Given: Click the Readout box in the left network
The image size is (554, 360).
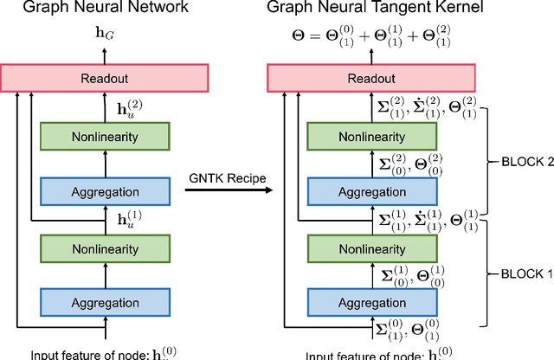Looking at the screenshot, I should click(x=106, y=77).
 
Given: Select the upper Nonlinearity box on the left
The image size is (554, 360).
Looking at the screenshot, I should click(x=106, y=137).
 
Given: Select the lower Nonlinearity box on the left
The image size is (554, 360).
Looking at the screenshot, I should click(x=106, y=250).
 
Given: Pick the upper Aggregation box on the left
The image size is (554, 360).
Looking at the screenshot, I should click(x=106, y=190).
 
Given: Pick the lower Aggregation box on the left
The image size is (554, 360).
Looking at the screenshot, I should click(x=106, y=303).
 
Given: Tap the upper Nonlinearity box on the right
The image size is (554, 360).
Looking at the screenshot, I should click(x=370, y=137).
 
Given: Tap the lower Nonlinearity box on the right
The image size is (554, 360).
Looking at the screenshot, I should click(x=370, y=250).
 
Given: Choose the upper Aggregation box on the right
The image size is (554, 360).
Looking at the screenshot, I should click(x=370, y=190).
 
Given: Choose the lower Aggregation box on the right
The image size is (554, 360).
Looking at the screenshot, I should click(x=370, y=303).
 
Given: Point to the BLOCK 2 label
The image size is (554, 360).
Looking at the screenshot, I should click(x=523, y=161).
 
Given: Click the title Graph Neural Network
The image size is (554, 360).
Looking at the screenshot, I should click(x=106, y=10).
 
